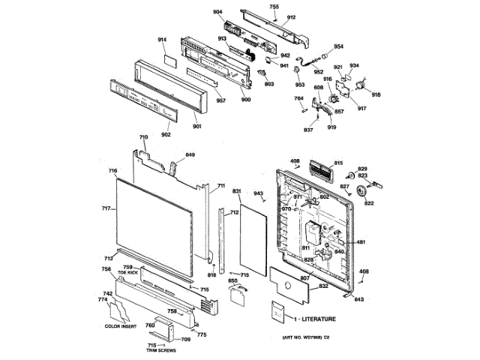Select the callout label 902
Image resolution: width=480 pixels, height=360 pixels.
click(166, 134)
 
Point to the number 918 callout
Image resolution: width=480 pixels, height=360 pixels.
click(376, 95)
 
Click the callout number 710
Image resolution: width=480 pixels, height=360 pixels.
click(143, 137)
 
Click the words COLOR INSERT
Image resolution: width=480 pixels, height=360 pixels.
click(121, 325)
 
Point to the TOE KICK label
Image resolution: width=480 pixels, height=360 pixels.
click(127, 272)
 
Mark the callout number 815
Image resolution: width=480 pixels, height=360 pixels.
click(338, 163)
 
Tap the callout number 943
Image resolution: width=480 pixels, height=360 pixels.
click(259, 193)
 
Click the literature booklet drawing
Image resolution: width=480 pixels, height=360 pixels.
click(278, 313)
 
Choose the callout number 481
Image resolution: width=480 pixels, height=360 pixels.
click(361, 241)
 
